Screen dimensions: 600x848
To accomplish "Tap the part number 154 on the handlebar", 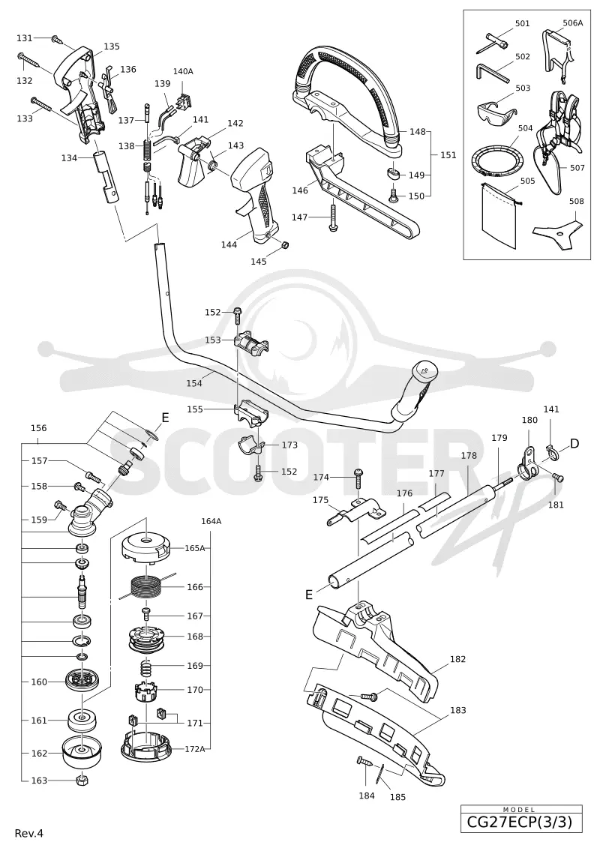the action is tap(194, 383).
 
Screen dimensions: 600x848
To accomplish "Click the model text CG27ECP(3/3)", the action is tap(521, 823).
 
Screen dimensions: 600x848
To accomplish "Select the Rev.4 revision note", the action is tap(29, 833).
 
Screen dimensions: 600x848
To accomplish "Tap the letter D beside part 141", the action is tap(574, 443).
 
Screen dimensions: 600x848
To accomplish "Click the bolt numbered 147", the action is tap(332, 218).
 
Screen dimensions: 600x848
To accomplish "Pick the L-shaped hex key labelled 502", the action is tap(492, 72).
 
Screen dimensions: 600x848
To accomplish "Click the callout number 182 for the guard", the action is tap(457, 659).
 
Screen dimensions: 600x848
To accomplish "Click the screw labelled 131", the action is tap(56, 39).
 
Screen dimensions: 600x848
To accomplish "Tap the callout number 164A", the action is tap(211, 521).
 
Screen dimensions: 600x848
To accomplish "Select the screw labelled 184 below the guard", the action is tap(365, 762).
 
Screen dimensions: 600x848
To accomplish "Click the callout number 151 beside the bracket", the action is tap(448, 155).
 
